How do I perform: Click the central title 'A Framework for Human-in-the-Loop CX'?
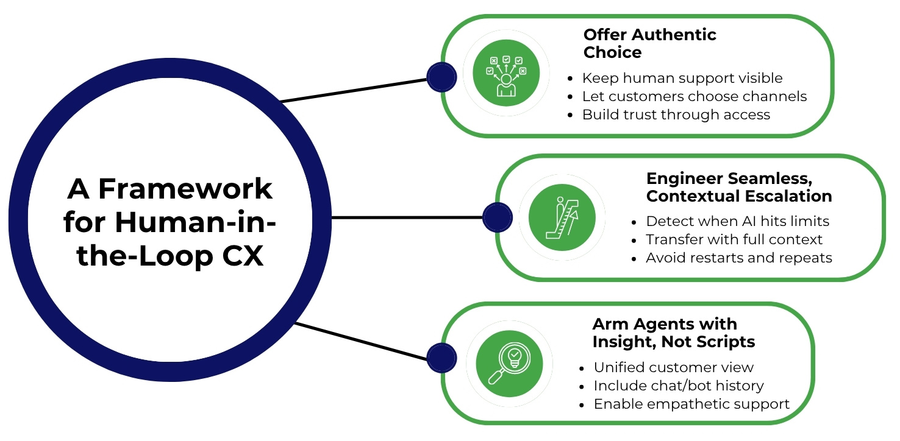coord(169,222)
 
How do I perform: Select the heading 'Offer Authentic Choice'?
coord(649,43)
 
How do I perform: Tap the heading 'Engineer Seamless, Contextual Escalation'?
coord(738,187)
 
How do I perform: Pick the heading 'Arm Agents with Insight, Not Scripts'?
coord(673,333)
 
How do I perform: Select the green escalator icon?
coord(561,217)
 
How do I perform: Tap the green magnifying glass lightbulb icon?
coord(509,364)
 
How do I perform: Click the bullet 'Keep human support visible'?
coord(682,78)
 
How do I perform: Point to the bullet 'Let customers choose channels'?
coord(694,96)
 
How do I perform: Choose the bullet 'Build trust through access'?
coord(676,115)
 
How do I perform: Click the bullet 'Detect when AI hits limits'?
coord(737,221)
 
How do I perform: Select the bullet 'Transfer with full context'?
coord(734,239)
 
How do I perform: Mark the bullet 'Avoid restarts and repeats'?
coord(738,258)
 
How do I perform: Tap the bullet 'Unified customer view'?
coord(673,367)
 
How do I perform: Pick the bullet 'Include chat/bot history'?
coord(678,386)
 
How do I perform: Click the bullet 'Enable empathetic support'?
coord(691,404)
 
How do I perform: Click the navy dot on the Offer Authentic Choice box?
coord(441,77)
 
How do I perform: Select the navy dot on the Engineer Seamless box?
coord(497,217)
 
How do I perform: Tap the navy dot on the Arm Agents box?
coord(441,358)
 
